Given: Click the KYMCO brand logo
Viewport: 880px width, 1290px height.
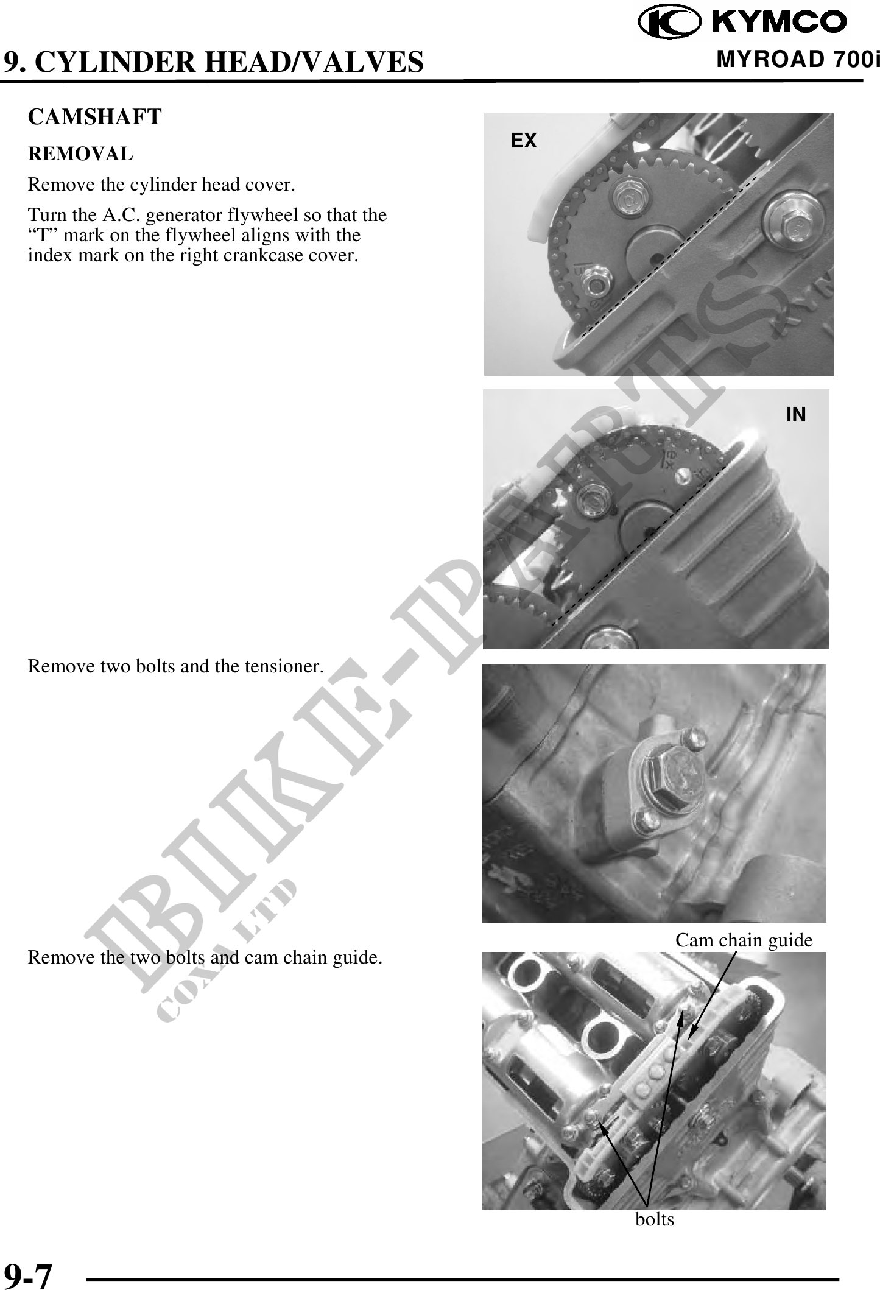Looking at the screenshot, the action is coord(742,22).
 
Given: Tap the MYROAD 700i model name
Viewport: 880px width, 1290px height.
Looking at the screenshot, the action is coord(798,60).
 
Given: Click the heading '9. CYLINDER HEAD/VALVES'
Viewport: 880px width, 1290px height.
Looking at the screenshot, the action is coord(213,62).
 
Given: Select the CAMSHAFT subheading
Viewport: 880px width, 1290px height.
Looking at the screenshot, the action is coord(95,117).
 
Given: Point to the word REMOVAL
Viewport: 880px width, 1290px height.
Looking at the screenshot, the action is coord(80,154).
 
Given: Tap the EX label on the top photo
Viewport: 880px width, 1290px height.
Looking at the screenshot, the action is coord(524,141).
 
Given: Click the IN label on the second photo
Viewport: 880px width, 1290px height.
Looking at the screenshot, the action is coord(796,415).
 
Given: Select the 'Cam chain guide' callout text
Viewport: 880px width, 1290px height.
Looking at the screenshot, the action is coord(744,940).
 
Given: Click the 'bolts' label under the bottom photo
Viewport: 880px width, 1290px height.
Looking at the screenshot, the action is coord(655,1219).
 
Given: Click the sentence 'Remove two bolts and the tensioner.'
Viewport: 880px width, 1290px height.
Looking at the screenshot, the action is coord(175,666).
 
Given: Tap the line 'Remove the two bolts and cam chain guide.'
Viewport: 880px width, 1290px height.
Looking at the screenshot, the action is coord(205,958).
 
